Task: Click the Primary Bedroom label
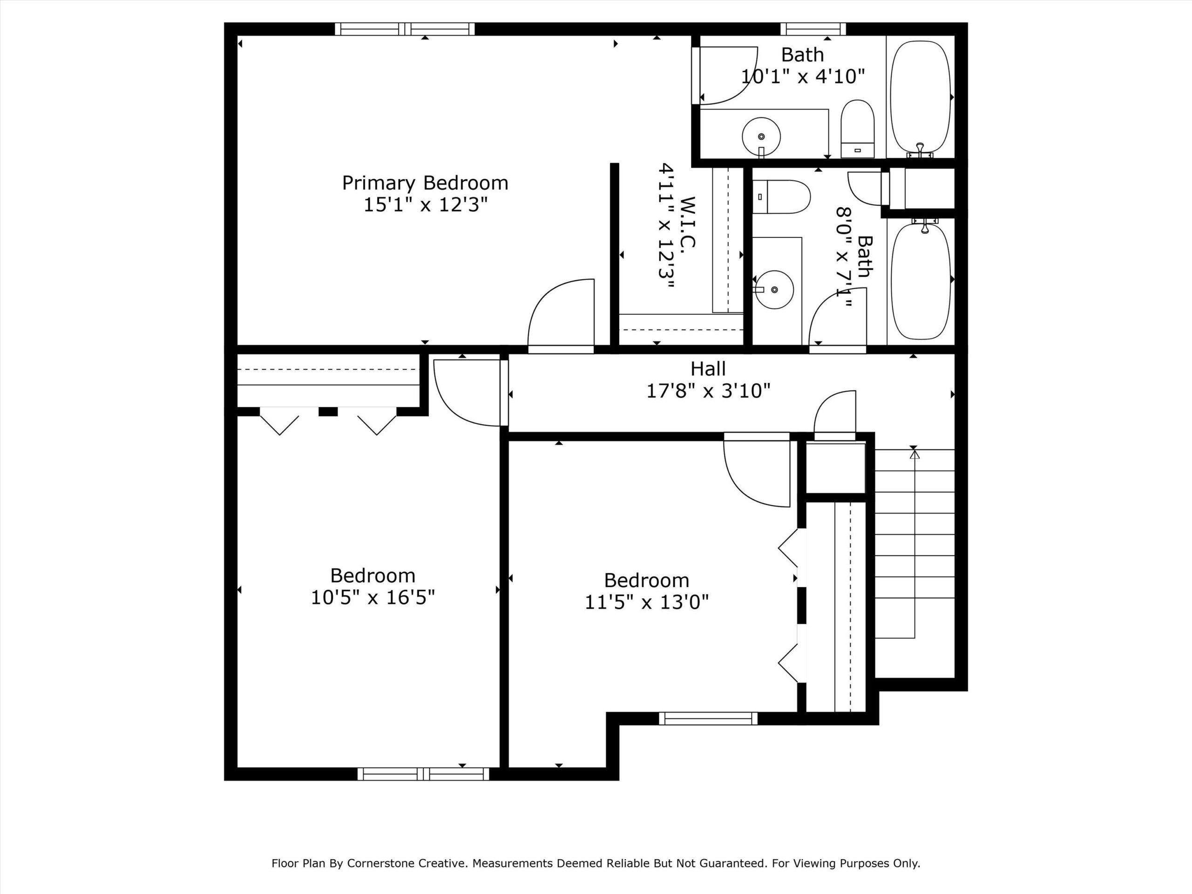(425, 183)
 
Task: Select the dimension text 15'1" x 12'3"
(425, 205)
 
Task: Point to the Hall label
(708, 369)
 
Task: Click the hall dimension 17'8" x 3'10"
(708, 391)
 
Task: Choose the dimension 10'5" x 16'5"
(372, 597)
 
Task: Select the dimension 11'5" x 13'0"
(647, 602)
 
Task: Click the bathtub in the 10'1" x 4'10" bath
(921, 97)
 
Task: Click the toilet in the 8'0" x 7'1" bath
(781, 196)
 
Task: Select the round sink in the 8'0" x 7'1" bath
(774, 289)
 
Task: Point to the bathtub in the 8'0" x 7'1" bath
(921, 281)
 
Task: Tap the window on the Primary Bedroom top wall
(405, 29)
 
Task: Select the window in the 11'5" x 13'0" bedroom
(708, 718)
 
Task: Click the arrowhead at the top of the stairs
(914, 454)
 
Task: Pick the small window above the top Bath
(813, 29)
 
